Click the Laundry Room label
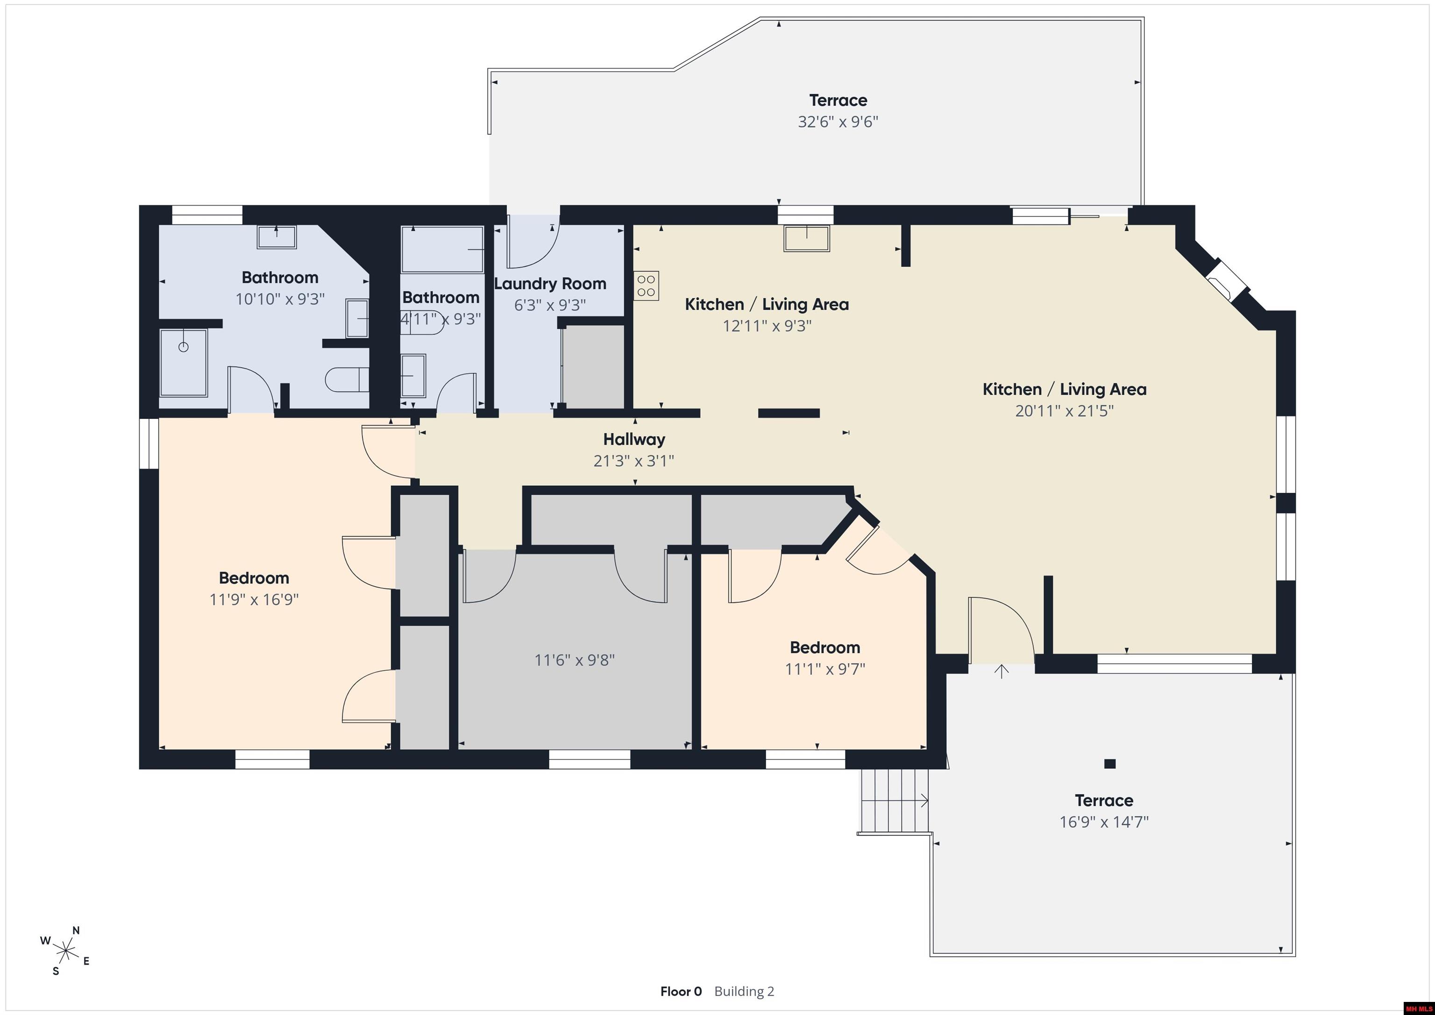[550, 284]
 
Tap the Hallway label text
[634, 440]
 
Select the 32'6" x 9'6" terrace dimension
[838, 121]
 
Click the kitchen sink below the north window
[807, 238]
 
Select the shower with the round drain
[184, 363]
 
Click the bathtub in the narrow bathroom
[442, 249]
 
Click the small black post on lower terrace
[1110, 763]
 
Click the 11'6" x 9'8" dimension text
[575, 660]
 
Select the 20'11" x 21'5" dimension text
[1065, 411]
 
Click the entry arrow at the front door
[1002, 672]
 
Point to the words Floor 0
[681, 991]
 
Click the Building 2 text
[744, 991]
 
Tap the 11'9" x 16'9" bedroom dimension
[254, 599]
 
